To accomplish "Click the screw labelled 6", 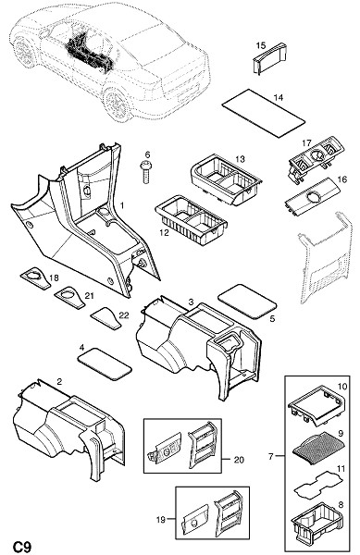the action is tap(145, 172).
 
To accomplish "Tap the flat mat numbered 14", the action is tap(263, 113).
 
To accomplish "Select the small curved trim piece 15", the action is tap(269, 59).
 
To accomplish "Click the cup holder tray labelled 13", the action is tap(227, 180).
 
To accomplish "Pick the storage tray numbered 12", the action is tap(192, 219).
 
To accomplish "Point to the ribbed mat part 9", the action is tap(317, 444).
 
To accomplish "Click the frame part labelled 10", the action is tap(317, 405).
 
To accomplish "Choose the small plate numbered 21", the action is tap(70, 297).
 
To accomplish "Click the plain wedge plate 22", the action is tap(106, 317).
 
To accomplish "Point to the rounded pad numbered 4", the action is tap(105, 364).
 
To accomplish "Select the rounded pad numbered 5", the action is tap(247, 301).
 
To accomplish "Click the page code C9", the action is tap(22, 546).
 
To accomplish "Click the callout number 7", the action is tap(271, 457).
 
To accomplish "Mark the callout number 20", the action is tap(239, 460).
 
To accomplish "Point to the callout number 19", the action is tap(161, 520).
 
